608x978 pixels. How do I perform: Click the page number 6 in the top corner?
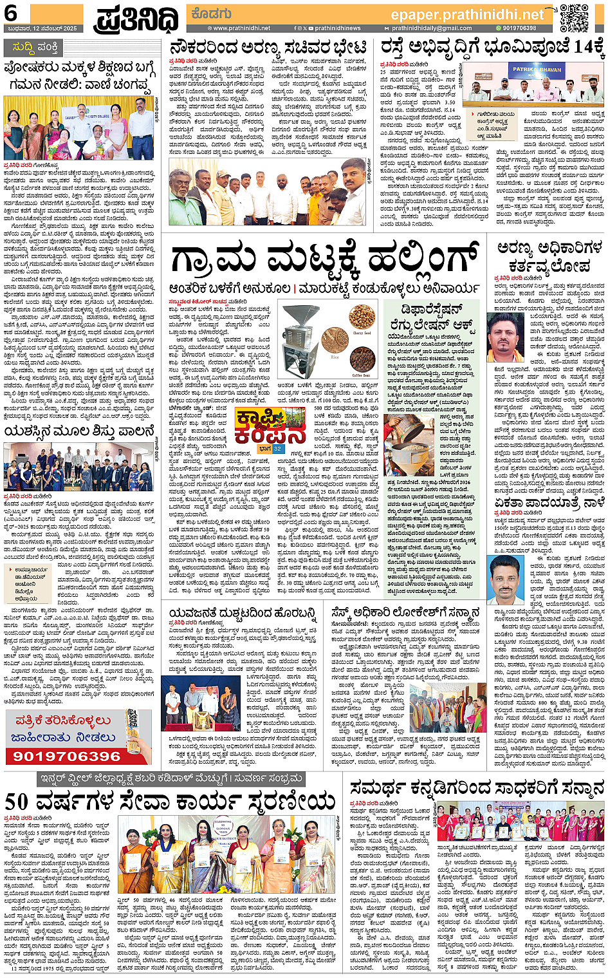click(11, 13)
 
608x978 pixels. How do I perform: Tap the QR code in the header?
click(574, 17)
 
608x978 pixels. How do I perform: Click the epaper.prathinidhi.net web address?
click(467, 15)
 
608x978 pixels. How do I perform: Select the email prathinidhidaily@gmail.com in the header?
click(431, 28)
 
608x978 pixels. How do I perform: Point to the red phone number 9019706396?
click(67, 756)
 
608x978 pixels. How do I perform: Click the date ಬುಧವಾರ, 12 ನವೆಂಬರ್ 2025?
click(40, 28)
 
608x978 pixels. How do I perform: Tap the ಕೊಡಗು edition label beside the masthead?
click(210, 13)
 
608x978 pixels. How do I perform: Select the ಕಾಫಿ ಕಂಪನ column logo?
click(260, 426)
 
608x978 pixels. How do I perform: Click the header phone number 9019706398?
click(519, 28)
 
